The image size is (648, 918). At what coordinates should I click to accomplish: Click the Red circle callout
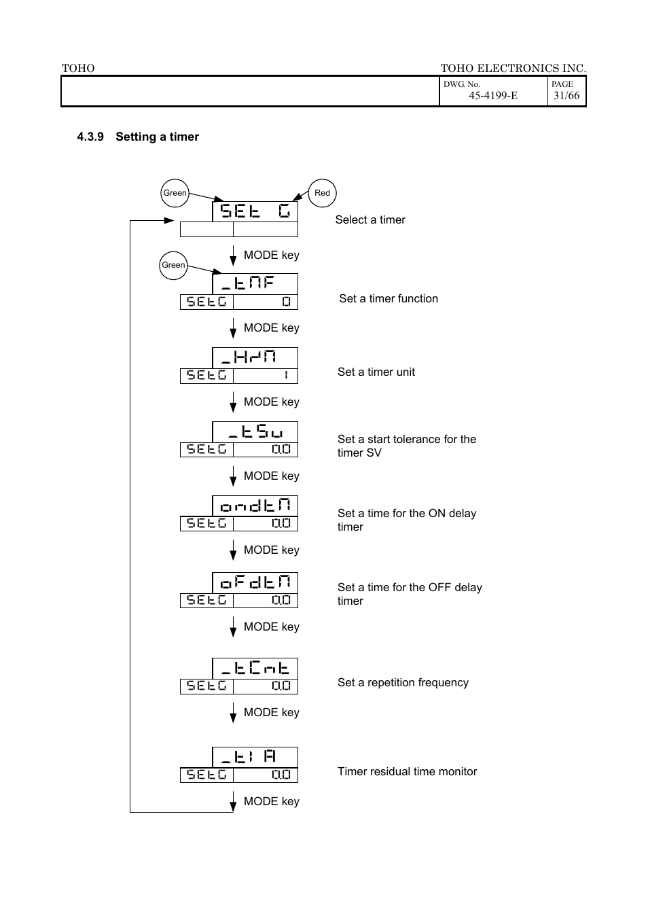tap(322, 193)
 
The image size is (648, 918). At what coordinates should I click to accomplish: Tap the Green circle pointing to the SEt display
tap(175, 193)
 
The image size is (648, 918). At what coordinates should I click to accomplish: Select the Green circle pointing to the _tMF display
tap(173, 265)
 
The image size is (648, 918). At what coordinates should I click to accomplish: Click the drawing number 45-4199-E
tap(492, 96)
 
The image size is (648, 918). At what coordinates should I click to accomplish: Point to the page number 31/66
tap(566, 96)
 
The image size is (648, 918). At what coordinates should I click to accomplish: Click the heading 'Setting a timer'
tap(157, 137)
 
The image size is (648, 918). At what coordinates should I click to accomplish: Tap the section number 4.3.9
tap(90, 137)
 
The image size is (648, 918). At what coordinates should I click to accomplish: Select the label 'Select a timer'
tap(370, 219)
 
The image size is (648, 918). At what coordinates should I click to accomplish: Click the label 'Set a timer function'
tap(389, 298)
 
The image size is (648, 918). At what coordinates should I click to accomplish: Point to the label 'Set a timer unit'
tap(376, 372)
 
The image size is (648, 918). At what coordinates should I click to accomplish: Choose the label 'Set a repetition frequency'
tap(403, 682)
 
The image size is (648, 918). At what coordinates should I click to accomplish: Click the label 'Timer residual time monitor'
tap(407, 771)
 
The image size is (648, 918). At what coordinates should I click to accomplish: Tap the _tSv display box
tap(255, 432)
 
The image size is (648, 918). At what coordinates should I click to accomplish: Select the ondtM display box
tap(255, 506)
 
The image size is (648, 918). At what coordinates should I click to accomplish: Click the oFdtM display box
tap(255, 583)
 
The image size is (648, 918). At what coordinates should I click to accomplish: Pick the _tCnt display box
tap(255, 669)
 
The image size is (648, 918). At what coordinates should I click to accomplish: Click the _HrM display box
tap(255, 357)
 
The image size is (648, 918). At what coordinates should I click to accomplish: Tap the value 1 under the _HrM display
tap(286, 376)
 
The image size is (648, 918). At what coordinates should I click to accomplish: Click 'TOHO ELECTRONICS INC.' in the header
tap(513, 68)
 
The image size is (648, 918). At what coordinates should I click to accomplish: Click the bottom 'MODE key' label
tap(271, 801)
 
